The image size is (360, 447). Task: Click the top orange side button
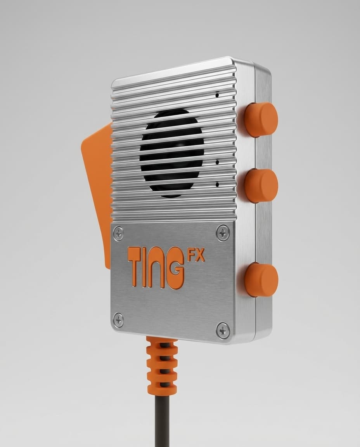tap(261, 120)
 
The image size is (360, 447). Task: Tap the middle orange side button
tap(261, 185)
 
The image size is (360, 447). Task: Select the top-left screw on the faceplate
tap(118, 234)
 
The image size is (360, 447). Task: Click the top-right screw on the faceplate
tap(223, 233)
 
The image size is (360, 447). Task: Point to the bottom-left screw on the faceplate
tap(118, 320)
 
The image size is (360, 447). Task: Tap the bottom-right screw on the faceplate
tap(223, 330)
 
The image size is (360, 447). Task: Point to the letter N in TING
tap(157, 268)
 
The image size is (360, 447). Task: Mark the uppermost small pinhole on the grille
tap(217, 95)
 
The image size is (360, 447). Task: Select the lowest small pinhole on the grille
tap(217, 184)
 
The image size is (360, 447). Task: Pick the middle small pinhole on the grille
tap(217, 162)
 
